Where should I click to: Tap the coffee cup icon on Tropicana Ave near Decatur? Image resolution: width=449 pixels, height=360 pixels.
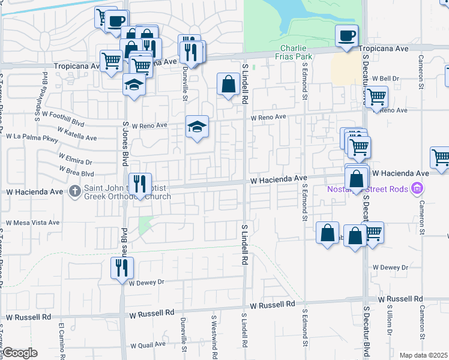[x=346, y=37]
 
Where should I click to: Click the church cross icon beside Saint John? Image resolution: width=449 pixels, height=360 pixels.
[x=75, y=191]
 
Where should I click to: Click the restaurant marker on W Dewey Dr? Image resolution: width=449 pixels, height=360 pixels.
[x=122, y=268]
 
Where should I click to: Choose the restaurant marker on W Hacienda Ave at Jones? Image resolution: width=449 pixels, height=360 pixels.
[x=140, y=184]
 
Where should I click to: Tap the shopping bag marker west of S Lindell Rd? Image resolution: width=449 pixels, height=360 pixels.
[x=228, y=85]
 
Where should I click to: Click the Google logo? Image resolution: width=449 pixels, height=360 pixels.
[x=20, y=353]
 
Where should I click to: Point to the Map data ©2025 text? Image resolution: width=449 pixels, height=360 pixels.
[x=423, y=355]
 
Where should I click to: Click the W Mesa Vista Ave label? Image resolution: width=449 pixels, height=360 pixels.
[x=33, y=222]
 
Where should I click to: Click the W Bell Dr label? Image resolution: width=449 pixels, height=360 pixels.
[x=385, y=79]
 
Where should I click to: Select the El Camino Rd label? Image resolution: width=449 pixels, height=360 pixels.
[x=61, y=338]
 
